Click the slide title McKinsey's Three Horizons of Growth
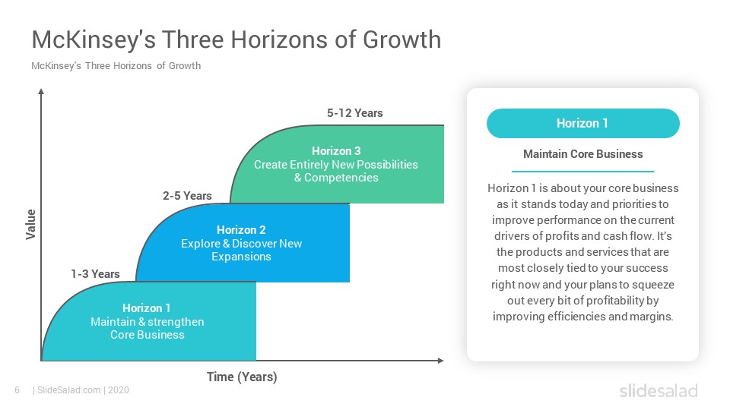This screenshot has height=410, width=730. pos(236,40)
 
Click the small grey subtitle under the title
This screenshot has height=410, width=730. pos(116,66)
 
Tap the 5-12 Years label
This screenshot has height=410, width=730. pos(355,113)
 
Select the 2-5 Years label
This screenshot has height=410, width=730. pos(187,196)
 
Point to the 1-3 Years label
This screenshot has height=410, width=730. pos(96,274)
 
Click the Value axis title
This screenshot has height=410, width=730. pos(30,225)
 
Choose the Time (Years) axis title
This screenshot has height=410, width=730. pos(242,377)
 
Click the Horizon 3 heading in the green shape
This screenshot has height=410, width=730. pos(336,151)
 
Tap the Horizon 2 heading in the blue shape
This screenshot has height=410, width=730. pos(241,230)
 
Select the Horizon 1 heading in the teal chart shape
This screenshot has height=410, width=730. pos(147,308)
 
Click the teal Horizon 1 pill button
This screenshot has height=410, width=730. pos(583,123)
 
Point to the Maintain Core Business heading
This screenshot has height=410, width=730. pos(583,154)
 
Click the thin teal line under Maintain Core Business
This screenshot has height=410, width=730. pos(583,172)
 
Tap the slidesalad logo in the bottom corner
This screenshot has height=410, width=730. pos(659,390)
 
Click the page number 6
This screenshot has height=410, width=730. pos(17,390)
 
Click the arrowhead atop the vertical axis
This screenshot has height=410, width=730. pos(41,91)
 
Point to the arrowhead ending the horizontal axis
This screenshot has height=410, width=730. pos(440,360)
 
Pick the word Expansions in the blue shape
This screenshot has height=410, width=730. pos(241,257)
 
